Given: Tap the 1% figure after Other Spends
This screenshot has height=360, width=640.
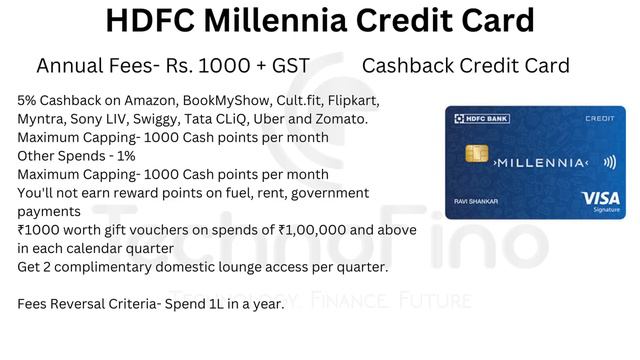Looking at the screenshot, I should (x=119, y=156).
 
